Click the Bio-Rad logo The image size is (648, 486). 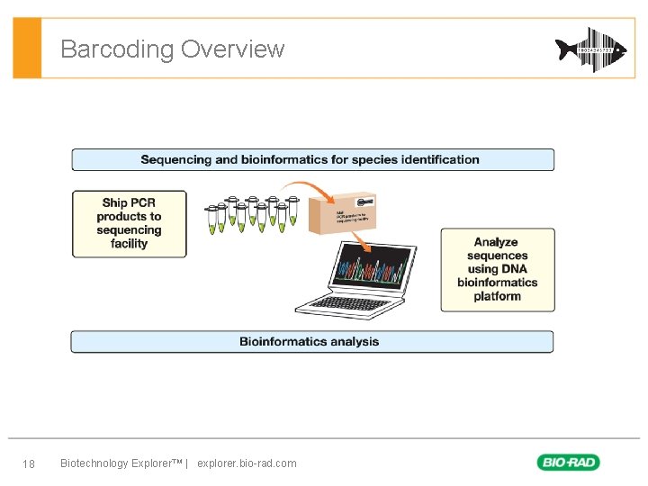click(x=568, y=463)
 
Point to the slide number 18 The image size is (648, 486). click(x=29, y=463)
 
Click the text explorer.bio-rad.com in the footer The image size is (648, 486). click(x=247, y=463)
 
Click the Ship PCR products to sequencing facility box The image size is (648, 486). click(x=130, y=223)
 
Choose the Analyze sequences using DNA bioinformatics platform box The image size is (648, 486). click(x=497, y=269)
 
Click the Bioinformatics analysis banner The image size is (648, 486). click(x=312, y=342)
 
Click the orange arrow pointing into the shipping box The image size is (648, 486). click(x=314, y=192)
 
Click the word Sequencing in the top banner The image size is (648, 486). click(x=176, y=160)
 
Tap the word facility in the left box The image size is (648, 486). click(x=130, y=244)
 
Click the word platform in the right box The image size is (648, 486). click(x=497, y=296)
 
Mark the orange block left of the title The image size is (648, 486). click(x=28, y=48)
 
